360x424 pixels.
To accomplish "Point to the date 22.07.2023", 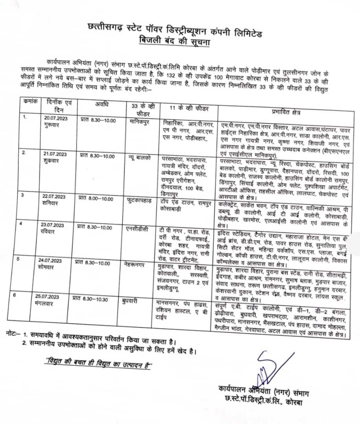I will [x=54, y=196].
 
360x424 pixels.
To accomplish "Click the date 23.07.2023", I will [x=54, y=225].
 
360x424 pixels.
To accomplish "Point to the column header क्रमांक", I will [x=29, y=101].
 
